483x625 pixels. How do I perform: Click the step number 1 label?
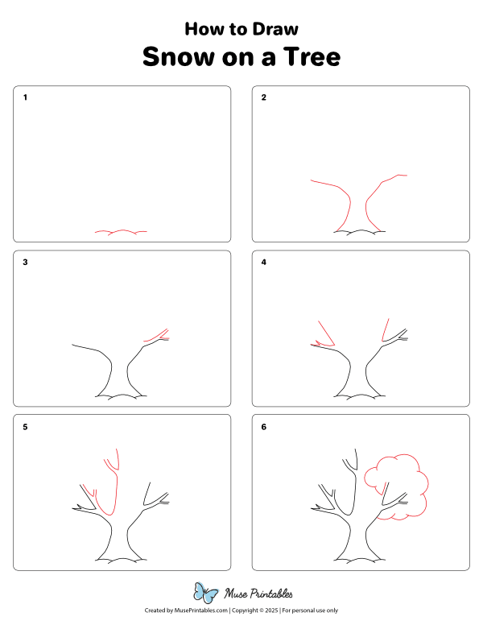pyautogui.click(x=25, y=98)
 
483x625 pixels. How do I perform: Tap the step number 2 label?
pyautogui.click(x=263, y=98)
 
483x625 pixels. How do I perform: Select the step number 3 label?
pyautogui.click(x=25, y=263)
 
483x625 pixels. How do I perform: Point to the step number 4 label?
pyautogui.click(x=263, y=263)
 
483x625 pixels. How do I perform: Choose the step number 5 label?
pyautogui.click(x=25, y=427)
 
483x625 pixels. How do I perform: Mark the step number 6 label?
pyautogui.click(x=263, y=427)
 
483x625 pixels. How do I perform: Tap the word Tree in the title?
pyautogui.click(x=312, y=57)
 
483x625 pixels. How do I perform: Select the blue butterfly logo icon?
pyautogui.click(x=206, y=594)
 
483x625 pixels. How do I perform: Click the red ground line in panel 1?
pyautogui.click(x=121, y=232)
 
